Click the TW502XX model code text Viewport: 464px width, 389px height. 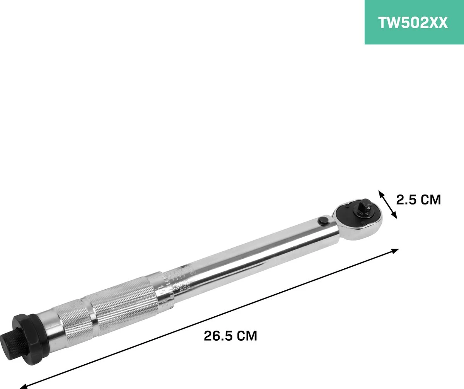(x=413, y=23)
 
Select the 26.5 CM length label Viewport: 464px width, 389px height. (x=230, y=336)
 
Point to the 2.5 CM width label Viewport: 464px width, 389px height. (x=418, y=200)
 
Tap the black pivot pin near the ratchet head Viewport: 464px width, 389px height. (x=322, y=220)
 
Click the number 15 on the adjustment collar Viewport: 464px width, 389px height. (x=160, y=291)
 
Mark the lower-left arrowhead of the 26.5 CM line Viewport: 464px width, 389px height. (x=23, y=385)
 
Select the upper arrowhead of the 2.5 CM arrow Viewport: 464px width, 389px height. (x=381, y=193)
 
